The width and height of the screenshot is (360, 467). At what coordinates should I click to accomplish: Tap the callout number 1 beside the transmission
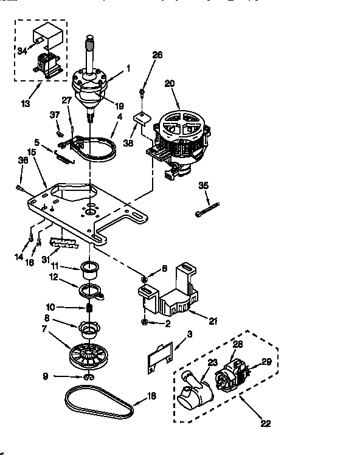click(128, 69)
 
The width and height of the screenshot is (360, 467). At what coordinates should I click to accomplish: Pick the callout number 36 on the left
click(23, 161)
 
